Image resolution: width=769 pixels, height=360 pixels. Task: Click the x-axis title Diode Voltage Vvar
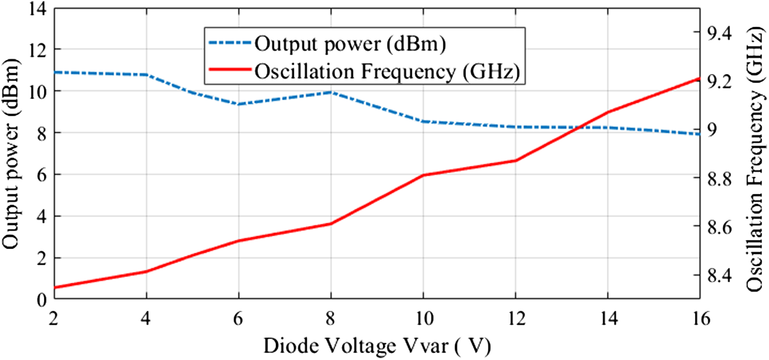pos(377,347)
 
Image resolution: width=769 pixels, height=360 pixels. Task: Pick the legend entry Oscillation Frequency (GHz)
pos(389,71)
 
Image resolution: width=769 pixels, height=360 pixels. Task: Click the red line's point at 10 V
pos(423,175)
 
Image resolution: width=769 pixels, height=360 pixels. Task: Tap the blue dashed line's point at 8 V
pos(331,92)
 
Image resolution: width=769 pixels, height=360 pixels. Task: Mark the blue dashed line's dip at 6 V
pos(239,104)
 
